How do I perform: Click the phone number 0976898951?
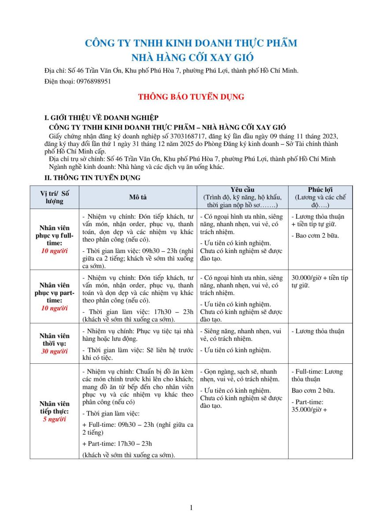[x=93, y=82]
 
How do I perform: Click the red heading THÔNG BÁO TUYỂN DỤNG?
[x=191, y=97]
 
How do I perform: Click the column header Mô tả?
[x=137, y=197]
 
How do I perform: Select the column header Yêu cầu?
[x=242, y=190]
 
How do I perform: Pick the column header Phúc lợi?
[x=320, y=190]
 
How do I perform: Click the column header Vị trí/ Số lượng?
[x=55, y=197]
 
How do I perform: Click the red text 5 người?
[x=55, y=419]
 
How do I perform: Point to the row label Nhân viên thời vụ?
[x=55, y=339]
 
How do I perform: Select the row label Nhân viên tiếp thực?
[x=55, y=407]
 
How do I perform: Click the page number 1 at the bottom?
[x=191, y=507]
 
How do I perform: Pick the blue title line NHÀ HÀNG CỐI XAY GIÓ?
[x=193, y=58]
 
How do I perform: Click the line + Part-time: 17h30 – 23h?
[x=117, y=443]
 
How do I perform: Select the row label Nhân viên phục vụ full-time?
[x=55, y=235]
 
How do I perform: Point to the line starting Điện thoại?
[x=78, y=82]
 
